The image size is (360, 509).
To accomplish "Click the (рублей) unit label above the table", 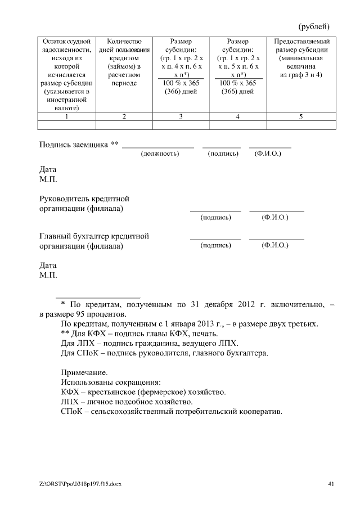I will point(313,26).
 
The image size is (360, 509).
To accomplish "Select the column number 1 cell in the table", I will point(66,116).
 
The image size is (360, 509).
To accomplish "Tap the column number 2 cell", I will point(124,116).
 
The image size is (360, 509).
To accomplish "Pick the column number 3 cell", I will point(181,116).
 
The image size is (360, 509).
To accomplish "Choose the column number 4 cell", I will point(237,116).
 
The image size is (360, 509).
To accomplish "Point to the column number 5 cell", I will point(301,116).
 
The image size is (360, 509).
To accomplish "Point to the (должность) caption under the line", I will point(160,153).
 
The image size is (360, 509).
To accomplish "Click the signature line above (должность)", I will point(158,147).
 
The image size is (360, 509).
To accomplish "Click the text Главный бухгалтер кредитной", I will point(94,236).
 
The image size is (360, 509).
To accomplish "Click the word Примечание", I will point(84,372).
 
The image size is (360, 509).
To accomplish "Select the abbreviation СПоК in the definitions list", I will point(71,412).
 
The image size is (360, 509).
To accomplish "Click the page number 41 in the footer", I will point(331,483).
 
